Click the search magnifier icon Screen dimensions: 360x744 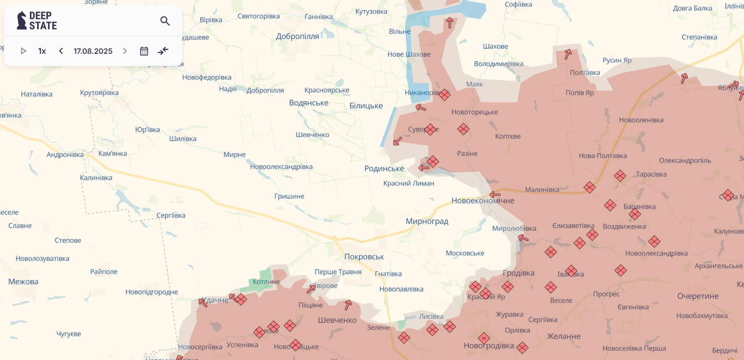[165, 21]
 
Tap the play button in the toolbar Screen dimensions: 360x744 [24, 51]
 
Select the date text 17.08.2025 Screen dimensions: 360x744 [93, 51]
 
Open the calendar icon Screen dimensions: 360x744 [144, 51]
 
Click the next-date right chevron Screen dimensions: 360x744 [125, 51]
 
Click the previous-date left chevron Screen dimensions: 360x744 [61, 51]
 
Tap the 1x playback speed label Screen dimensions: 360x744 [42, 51]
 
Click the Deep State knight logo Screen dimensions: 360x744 [21, 21]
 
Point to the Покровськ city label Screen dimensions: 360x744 [364, 257]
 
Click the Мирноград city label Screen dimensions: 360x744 [427, 221]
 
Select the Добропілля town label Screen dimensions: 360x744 [297, 37]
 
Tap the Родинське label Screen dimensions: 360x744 [384, 169]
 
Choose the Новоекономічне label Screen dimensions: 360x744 [483, 201]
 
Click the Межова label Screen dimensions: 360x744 [23, 282]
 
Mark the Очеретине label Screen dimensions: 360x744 [698, 296]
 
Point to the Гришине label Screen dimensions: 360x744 [289, 196]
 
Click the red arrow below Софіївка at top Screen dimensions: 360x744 [449, 23]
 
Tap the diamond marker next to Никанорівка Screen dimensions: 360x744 [444, 95]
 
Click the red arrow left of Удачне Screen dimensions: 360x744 [203, 302]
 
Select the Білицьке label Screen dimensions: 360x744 [366, 106]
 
